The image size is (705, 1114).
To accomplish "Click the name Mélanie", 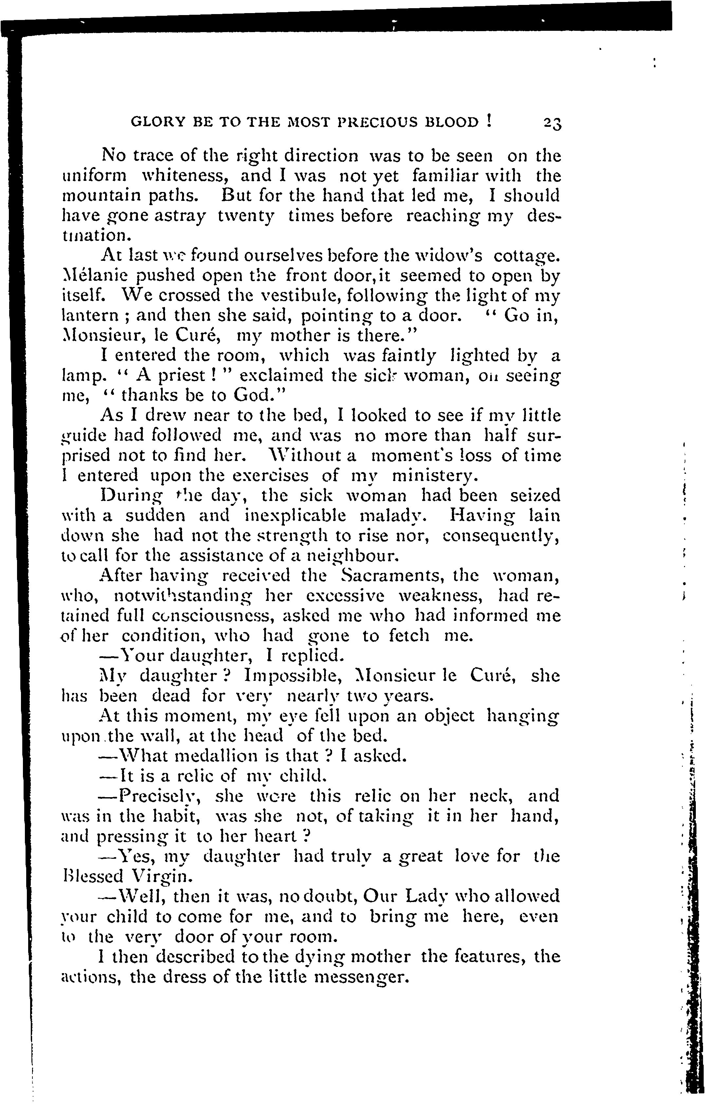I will coord(92,276).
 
